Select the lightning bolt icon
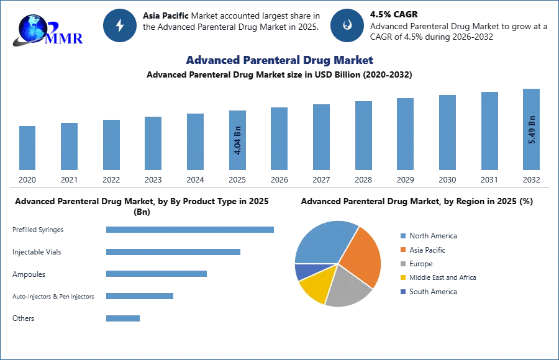120,25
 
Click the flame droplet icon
347,25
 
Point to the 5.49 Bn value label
532,130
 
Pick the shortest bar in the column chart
27,148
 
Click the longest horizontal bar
191,229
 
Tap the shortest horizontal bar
124,318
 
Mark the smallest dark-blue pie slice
302,271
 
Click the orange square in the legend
402,250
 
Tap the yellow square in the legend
402,277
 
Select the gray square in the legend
402,264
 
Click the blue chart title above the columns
279,60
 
